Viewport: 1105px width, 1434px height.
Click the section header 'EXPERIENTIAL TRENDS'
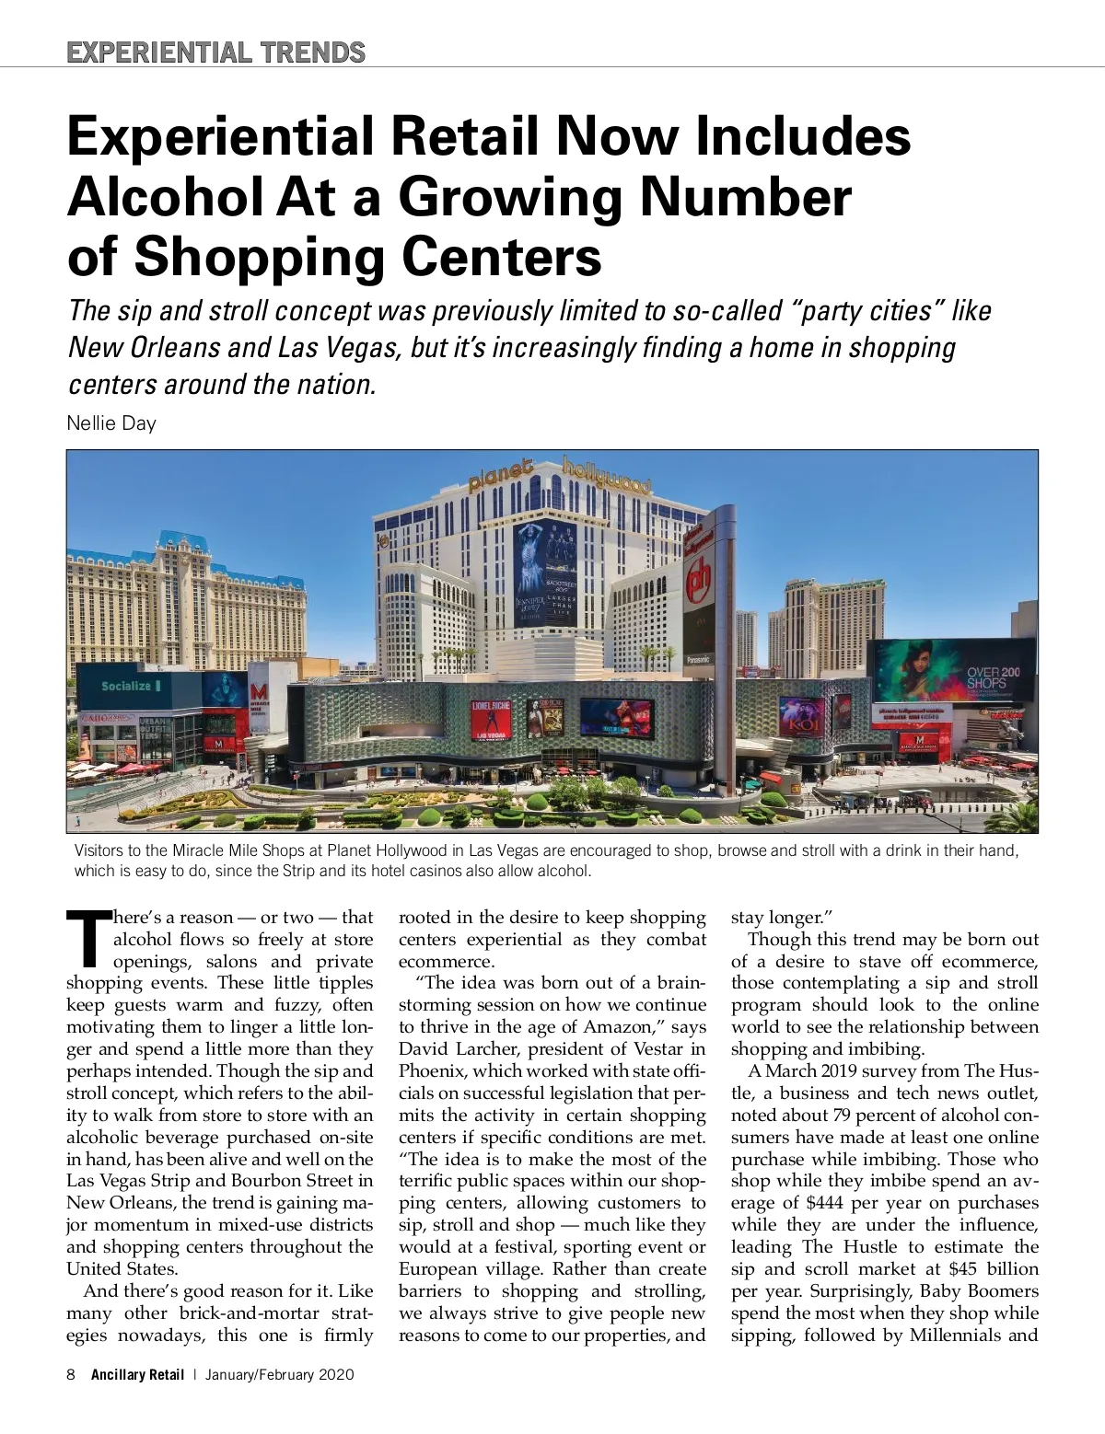click(215, 52)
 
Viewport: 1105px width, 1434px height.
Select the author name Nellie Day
click(111, 423)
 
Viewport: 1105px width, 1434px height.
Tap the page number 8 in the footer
click(71, 1375)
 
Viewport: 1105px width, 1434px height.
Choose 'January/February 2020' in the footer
click(279, 1375)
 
